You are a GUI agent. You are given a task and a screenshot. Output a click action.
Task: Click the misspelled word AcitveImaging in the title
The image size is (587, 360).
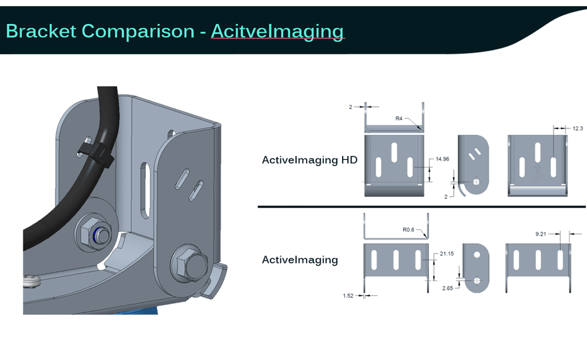(277, 31)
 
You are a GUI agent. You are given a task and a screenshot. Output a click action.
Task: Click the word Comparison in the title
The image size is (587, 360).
(138, 31)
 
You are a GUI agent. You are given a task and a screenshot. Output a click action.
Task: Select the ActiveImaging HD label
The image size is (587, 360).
(310, 160)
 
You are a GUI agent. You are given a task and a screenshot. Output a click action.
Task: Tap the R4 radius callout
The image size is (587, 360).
(399, 118)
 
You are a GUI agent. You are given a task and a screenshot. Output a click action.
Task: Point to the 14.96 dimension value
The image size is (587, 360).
(442, 159)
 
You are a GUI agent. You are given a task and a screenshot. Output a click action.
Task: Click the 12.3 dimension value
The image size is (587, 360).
(578, 128)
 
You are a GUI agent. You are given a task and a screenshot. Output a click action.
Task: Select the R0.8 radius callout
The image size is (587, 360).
(408, 230)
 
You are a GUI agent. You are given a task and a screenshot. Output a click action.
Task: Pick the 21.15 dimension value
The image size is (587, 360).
(446, 254)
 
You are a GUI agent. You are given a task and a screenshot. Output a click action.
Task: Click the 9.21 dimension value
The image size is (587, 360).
(541, 234)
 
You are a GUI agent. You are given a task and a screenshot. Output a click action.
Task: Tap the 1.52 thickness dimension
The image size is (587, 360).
(348, 296)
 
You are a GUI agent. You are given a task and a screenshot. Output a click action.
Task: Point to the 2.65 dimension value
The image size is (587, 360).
(447, 288)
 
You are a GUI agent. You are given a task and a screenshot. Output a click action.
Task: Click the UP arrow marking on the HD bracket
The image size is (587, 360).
(537, 173)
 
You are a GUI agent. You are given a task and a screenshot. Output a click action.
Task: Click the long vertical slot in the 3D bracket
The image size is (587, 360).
(145, 190)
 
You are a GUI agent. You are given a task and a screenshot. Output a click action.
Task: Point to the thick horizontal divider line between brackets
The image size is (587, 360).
(422, 207)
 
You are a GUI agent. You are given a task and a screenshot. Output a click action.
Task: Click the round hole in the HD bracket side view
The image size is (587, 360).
(476, 182)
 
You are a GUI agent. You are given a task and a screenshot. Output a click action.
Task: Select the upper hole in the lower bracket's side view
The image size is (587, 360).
(477, 255)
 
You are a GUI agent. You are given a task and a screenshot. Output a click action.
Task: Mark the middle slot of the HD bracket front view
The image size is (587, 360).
(394, 153)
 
